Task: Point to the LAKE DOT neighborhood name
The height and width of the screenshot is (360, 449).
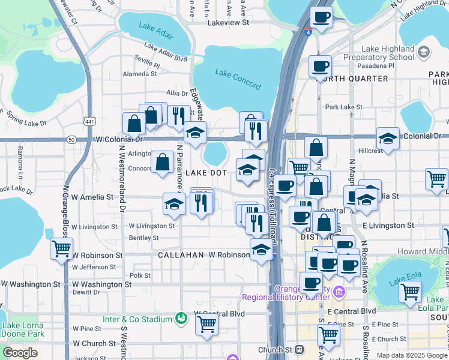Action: click(x=206, y=173)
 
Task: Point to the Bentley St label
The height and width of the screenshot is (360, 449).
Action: click(x=143, y=238)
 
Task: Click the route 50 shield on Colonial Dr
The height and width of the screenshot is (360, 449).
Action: click(x=71, y=139)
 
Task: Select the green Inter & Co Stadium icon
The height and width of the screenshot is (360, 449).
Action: click(x=180, y=317)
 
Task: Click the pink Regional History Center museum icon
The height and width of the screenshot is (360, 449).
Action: click(x=340, y=292)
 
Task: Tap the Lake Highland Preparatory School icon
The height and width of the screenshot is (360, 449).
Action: click(x=424, y=52)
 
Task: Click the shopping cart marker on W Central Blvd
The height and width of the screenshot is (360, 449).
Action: click(x=206, y=325)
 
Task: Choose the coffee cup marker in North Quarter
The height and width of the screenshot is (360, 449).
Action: click(x=321, y=65)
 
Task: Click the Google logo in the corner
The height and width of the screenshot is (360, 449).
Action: click(x=20, y=353)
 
